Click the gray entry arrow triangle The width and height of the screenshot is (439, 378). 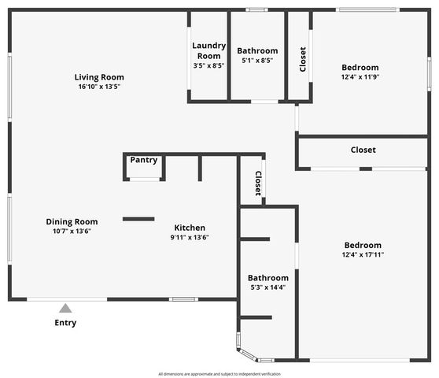(x=65, y=309)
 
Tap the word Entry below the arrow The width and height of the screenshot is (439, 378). (x=65, y=323)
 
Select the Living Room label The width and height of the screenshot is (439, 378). (x=99, y=77)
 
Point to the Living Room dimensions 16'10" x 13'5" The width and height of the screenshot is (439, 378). (x=99, y=87)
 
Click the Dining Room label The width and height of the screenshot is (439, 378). (x=72, y=222)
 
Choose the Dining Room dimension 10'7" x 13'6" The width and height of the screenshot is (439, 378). (x=72, y=232)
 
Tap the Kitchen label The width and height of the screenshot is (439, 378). (x=190, y=228)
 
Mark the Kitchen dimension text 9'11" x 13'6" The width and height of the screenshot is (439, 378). (x=190, y=237)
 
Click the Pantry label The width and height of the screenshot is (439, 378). (x=144, y=160)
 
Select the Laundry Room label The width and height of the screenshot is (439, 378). (x=208, y=50)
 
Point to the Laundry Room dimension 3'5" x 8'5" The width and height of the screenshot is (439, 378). (x=208, y=66)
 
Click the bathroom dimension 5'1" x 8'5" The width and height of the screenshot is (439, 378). (x=257, y=61)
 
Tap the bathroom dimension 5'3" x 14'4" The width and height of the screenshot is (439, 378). (x=268, y=287)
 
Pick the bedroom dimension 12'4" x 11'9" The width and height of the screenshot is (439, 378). (x=360, y=77)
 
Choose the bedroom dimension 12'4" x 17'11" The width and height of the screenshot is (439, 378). (x=363, y=254)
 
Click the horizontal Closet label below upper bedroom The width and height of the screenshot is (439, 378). (x=363, y=150)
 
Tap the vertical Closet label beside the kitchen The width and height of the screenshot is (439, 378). (x=257, y=184)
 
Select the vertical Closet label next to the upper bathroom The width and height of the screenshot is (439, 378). (x=303, y=60)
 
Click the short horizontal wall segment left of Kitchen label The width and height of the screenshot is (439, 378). (x=138, y=219)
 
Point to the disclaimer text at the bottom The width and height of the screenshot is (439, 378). (x=219, y=374)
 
